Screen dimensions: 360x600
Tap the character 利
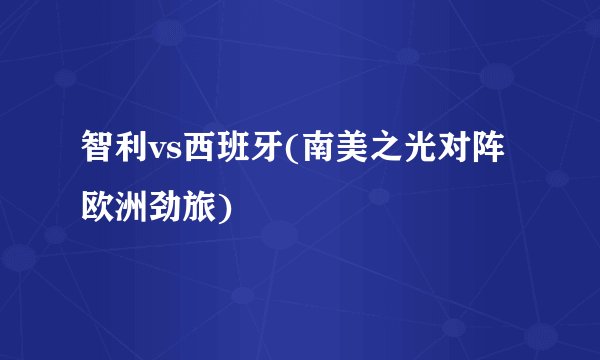click(134, 154)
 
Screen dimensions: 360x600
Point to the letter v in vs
click(159, 157)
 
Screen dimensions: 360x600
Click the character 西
click(197, 154)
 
